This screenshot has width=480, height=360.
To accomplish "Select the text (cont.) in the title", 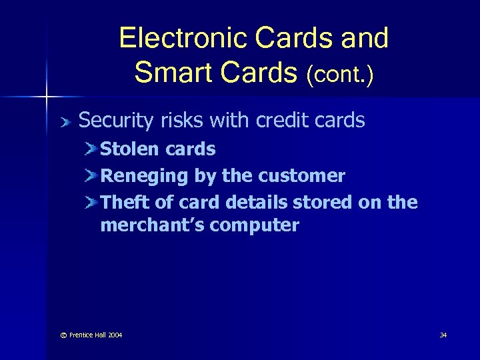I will tap(339, 75).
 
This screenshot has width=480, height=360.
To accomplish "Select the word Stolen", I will tap(127, 149).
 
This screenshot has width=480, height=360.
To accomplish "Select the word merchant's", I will tap(152, 225).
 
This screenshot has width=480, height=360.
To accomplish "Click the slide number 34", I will tap(443, 335).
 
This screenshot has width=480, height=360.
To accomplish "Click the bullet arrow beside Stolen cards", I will tap(90, 149).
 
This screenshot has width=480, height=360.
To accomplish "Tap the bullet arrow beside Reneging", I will tap(90, 176).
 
